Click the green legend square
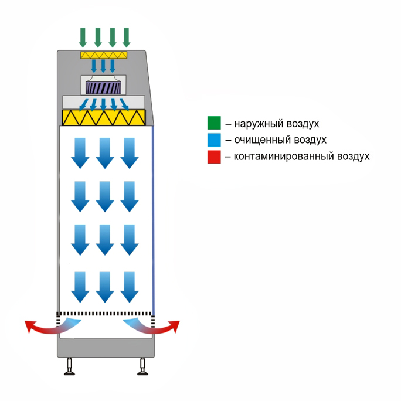point(214,123)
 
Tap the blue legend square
point(214,140)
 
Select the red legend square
point(214,157)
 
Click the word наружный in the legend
point(259,124)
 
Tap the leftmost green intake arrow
point(83,38)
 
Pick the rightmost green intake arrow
point(126,38)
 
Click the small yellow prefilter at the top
point(104,55)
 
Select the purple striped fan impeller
point(103,88)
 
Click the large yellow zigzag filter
point(104,118)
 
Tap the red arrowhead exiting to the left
point(29,327)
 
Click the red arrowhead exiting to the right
point(176,327)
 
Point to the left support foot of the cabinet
point(69,366)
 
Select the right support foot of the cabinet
point(142,366)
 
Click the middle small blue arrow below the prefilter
point(103,66)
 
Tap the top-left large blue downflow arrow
point(80,153)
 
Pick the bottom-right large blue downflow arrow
point(130,287)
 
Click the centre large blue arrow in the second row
point(105,196)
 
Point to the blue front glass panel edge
point(153,220)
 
